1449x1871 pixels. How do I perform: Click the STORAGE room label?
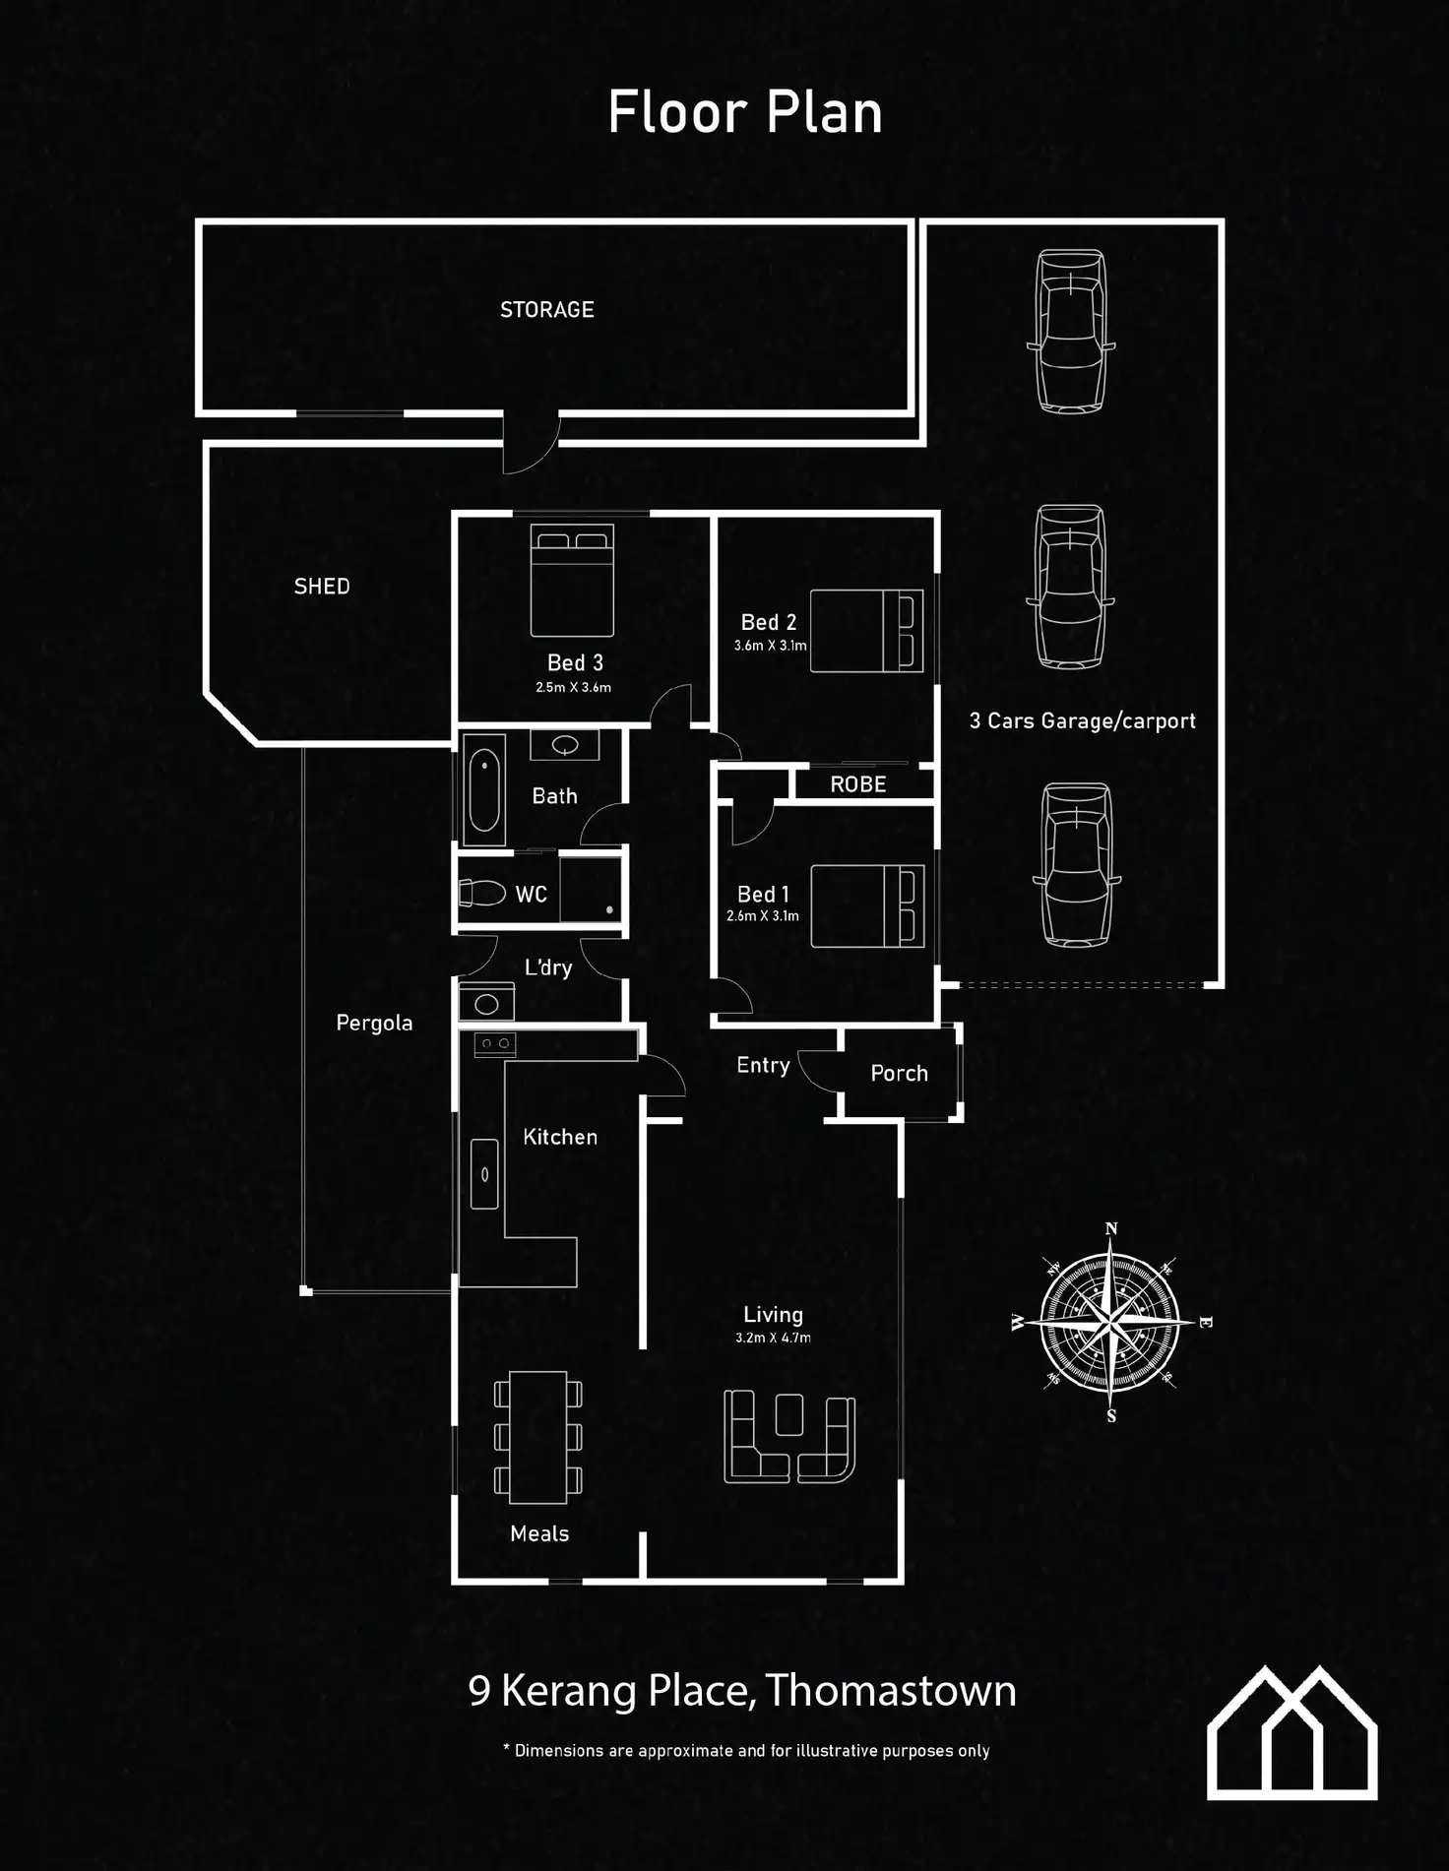547,310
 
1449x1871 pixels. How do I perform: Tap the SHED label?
322,587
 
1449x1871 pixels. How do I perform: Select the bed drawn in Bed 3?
572,580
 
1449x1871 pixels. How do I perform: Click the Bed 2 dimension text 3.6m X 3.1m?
770,647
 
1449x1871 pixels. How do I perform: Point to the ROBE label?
858,784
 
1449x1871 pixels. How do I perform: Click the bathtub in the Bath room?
484,790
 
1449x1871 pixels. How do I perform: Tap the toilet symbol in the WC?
481,893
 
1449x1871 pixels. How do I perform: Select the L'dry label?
548,967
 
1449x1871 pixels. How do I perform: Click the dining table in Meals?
537,1437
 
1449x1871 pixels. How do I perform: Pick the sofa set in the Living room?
789,1437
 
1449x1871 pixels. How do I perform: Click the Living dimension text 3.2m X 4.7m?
773,1338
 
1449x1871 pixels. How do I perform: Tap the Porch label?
899,1074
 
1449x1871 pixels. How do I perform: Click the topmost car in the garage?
1071,331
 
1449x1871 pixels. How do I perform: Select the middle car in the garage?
1071,587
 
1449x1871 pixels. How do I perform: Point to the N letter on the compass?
1111,1228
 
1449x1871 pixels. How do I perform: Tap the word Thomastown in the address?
890,1691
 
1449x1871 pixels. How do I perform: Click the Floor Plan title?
745,112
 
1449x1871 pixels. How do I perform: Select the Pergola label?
374,1024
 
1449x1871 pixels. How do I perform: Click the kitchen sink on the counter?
484,1173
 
